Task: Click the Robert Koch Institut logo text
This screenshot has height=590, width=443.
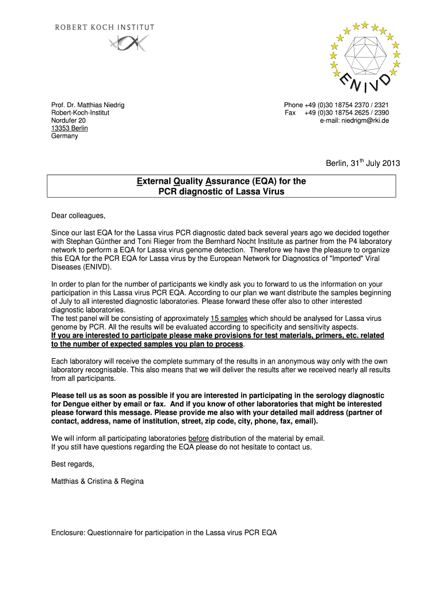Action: click(104, 27)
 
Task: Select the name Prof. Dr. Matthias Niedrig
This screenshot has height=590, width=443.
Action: click(88, 105)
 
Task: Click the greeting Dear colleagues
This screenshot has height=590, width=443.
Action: click(79, 216)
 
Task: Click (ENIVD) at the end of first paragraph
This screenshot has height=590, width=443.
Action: click(97, 268)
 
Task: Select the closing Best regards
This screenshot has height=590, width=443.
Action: click(72, 464)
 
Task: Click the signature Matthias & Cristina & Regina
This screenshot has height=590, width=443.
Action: click(97, 481)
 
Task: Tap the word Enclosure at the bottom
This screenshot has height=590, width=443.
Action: click(68, 533)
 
